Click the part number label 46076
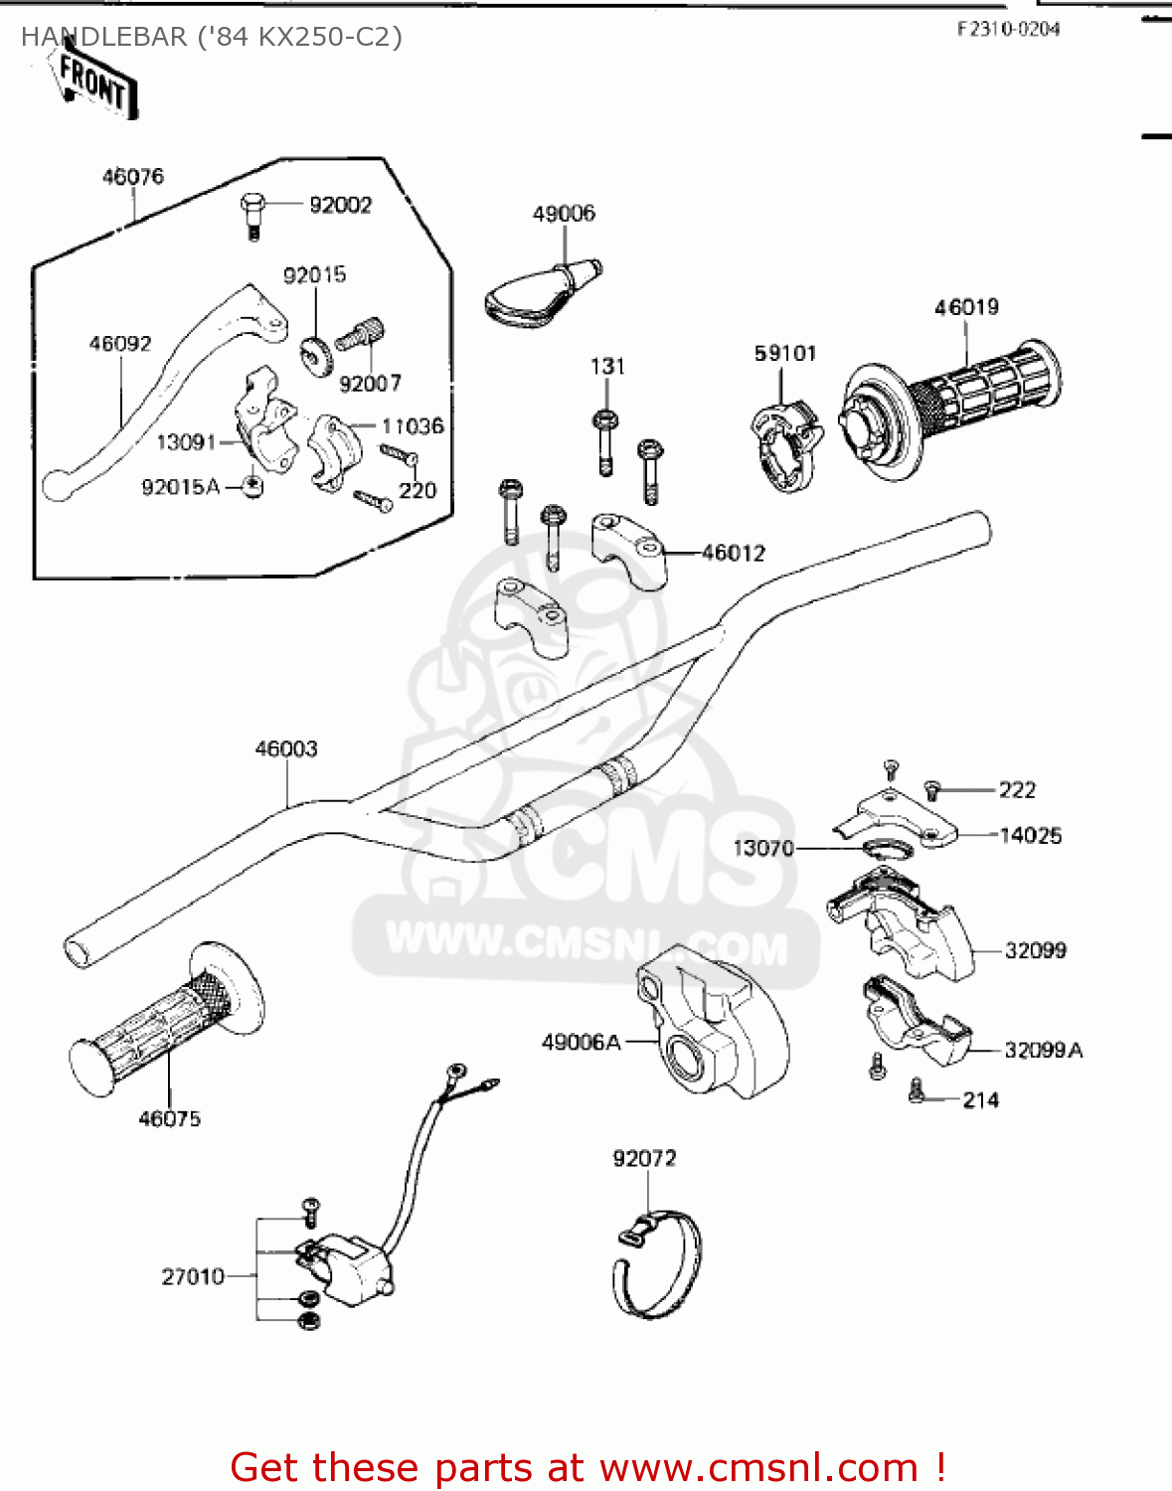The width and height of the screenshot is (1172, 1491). [x=132, y=177]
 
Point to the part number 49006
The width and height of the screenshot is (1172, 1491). [x=564, y=214]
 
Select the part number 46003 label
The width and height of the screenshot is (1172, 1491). [x=286, y=748]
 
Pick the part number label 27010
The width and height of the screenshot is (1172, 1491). [x=193, y=1276]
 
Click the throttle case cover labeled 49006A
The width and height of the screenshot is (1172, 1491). [x=711, y=1024]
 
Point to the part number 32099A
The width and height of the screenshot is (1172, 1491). [x=1043, y=1051]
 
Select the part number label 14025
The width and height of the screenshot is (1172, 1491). [x=1030, y=836]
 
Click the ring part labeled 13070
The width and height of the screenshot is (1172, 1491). [x=886, y=849]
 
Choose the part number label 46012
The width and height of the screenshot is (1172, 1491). [x=734, y=553]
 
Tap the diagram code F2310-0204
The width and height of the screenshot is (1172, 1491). [x=1008, y=29]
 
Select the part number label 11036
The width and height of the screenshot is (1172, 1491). [x=413, y=426]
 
